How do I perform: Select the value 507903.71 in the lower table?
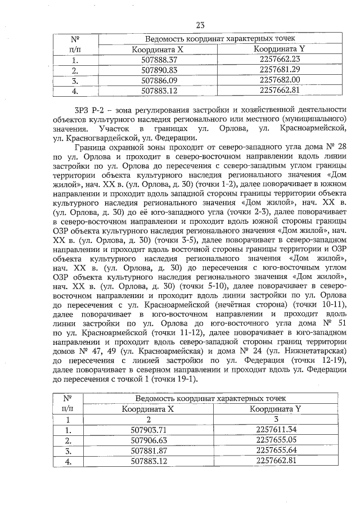(x=154, y=430)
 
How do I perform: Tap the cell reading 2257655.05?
(x=275, y=440)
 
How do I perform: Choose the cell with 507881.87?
(x=154, y=451)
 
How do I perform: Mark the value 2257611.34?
(x=275, y=430)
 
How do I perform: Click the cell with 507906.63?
(x=154, y=440)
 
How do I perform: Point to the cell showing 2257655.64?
(x=275, y=451)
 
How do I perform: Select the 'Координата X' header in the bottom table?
(x=154, y=409)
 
